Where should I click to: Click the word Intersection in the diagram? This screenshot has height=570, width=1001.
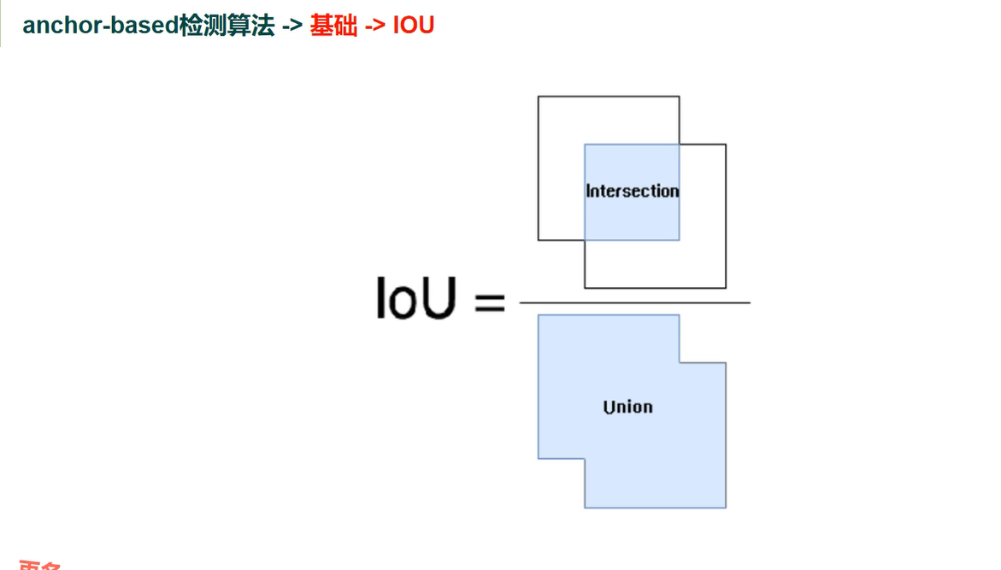(632, 191)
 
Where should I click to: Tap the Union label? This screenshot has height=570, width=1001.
(627, 407)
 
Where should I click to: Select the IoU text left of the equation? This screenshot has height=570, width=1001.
(415, 299)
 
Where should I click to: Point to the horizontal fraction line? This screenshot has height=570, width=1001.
(634, 303)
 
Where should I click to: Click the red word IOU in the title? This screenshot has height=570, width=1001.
(414, 26)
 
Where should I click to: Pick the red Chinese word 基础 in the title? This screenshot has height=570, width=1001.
(333, 26)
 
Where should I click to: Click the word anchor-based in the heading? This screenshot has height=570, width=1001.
(100, 26)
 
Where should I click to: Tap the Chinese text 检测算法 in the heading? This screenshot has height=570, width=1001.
(227, 26)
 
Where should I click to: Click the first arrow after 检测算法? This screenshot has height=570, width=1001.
(292, 26)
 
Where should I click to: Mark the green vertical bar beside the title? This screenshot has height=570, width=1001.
(2, 23)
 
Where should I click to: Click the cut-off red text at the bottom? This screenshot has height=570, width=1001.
(41, 565)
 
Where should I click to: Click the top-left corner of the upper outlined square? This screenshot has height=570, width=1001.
(539, 97)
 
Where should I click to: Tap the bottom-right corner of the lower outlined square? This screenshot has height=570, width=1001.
(726, 288)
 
